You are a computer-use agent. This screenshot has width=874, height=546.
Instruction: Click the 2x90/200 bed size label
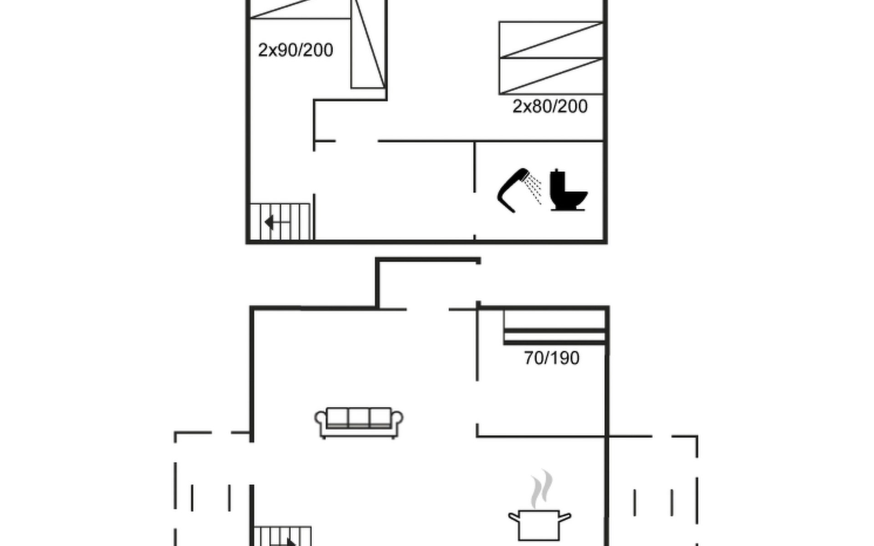tap(295, 50)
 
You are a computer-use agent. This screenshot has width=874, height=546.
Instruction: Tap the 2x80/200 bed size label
tap(550, 106)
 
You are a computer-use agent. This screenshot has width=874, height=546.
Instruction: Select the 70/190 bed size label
tap(552, 358)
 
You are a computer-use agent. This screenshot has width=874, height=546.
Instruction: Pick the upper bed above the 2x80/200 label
tap(551, 40)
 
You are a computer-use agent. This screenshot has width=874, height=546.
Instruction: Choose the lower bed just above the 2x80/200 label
tap(551, 76)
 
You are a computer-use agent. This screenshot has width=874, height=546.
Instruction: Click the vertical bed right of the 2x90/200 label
tap(368, 44)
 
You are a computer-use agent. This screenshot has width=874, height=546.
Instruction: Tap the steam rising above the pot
tap(542, 489)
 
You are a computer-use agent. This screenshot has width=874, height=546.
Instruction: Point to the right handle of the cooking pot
tap(565, 517)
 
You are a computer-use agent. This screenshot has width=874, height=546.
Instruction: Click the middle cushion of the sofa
tap(359, 417)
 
